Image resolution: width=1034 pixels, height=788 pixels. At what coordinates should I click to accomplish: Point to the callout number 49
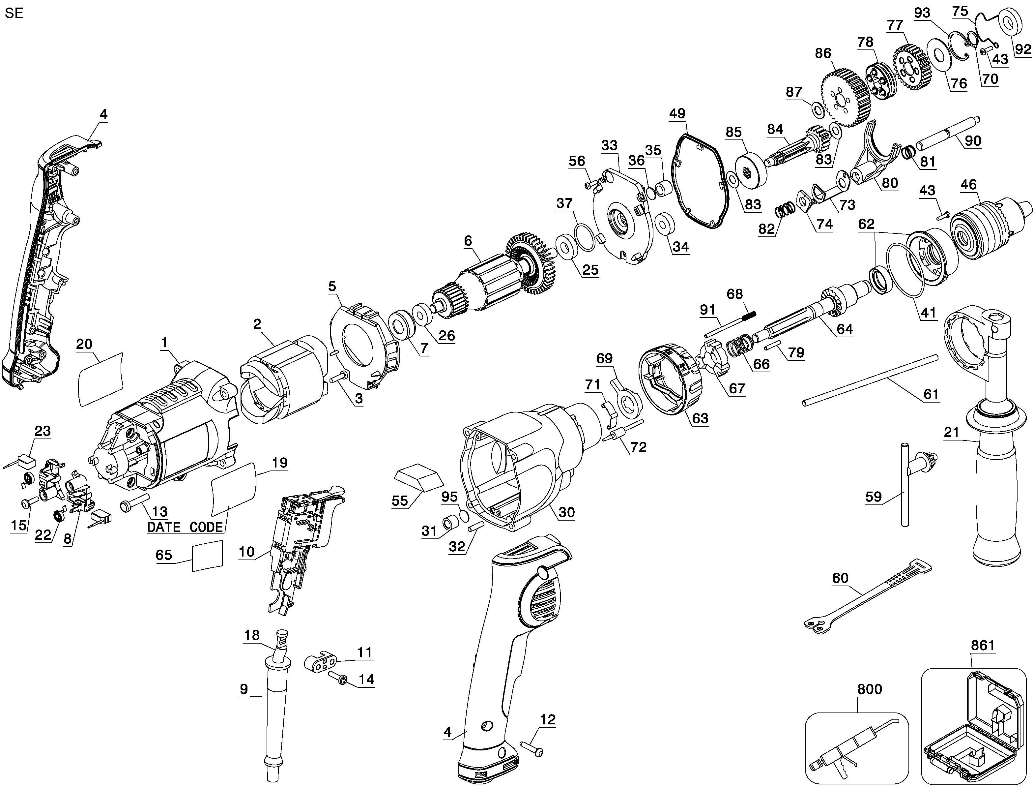(x=677, y=113)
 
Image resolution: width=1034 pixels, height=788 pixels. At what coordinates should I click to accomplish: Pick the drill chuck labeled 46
(x=990, y=228)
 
